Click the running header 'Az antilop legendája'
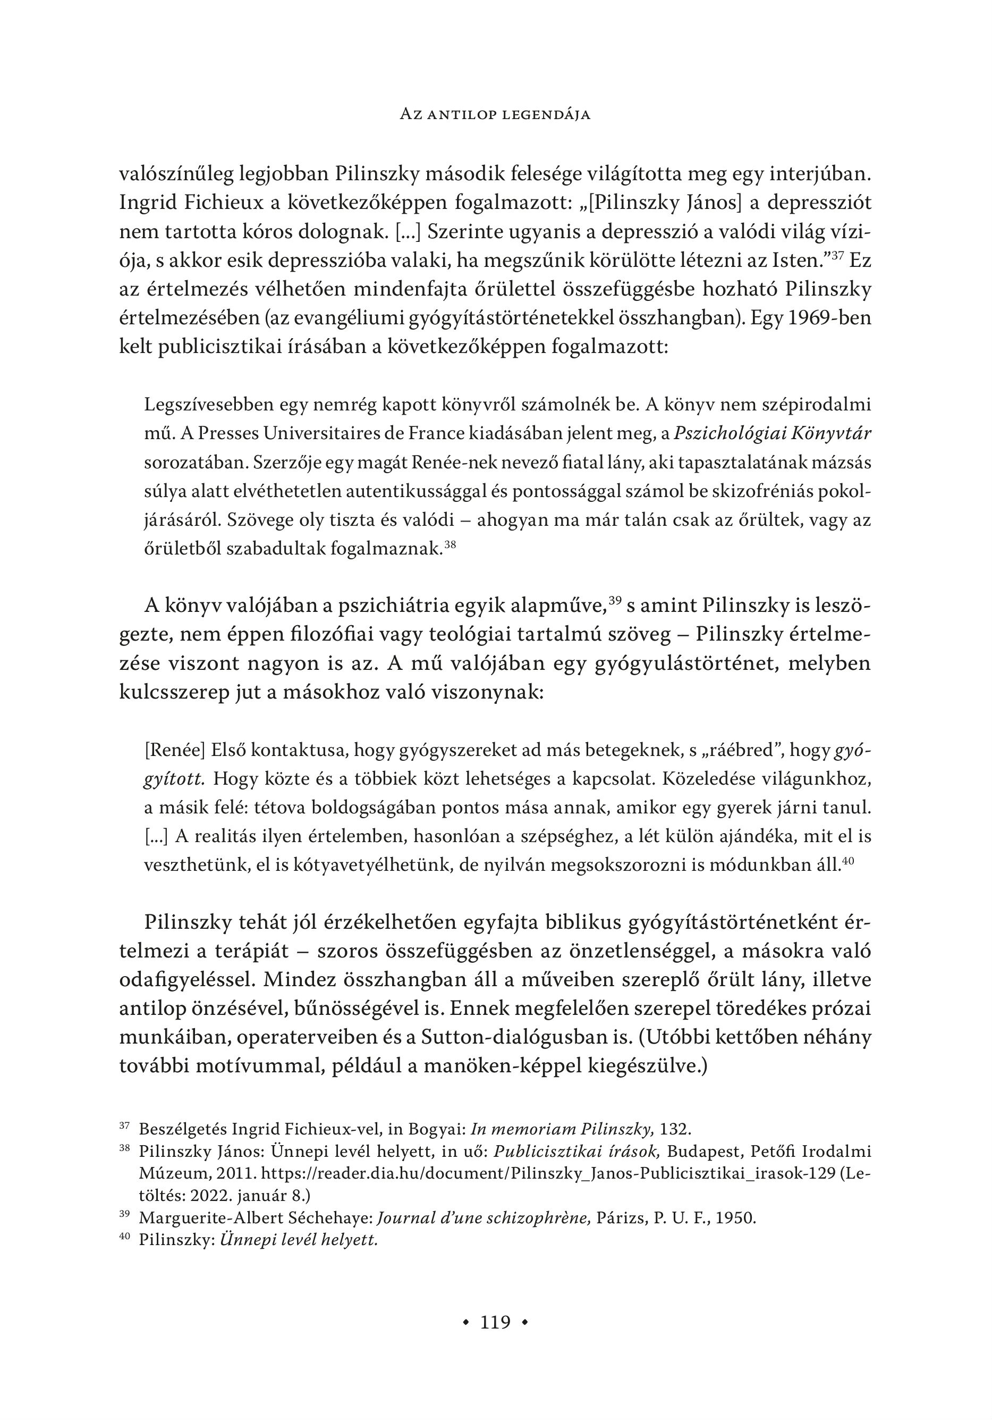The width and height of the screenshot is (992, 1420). (495, 114)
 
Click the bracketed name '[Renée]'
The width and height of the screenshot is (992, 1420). (174, 750)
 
